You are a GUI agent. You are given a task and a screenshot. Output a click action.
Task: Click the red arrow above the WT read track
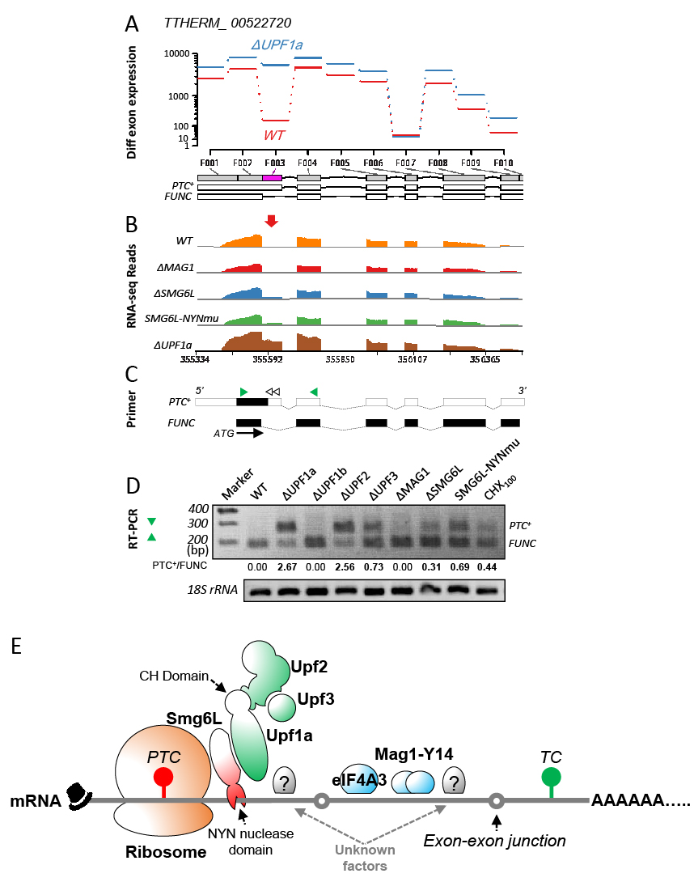pyautogui.click(x=272, y=221)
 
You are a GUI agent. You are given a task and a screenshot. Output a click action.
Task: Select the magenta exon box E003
pyautogui.click(x=272, y=177)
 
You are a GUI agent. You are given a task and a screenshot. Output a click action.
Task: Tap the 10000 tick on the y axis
pyautogui.click(x=176, y=53)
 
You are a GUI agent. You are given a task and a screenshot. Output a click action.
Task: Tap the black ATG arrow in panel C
pyautogui.click(x=251, y=433)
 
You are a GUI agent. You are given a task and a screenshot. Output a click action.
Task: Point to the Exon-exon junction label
pyautogui.click(x=495, y=841)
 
